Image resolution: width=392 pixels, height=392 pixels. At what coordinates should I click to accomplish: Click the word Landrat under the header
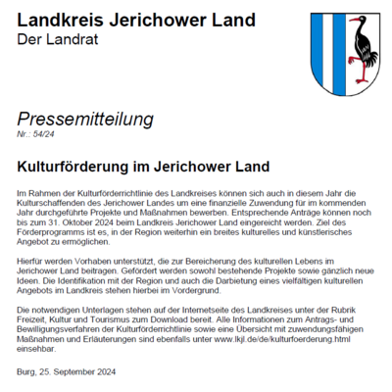59,38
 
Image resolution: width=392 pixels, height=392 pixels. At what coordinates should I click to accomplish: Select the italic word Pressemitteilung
86,120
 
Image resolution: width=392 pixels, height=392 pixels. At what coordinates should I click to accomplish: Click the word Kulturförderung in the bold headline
77,155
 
